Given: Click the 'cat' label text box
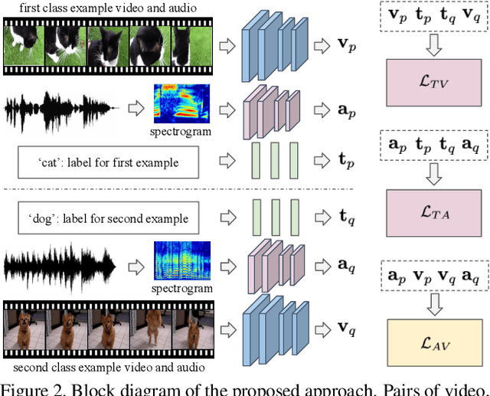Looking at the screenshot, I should [108, 162].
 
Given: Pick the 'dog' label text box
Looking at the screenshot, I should [108, 219].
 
